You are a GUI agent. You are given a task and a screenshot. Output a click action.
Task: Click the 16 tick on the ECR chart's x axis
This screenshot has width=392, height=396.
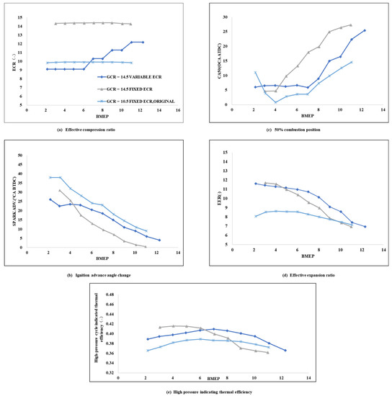(x=179, y=110)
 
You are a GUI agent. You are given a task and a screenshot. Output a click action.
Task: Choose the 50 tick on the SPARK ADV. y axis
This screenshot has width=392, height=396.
(x=20, y=155)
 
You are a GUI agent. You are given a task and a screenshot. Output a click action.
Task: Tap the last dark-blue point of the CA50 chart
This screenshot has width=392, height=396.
(x=365, y=30)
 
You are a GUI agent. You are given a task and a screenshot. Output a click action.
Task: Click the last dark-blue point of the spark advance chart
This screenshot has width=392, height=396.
(x=159, y=240)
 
